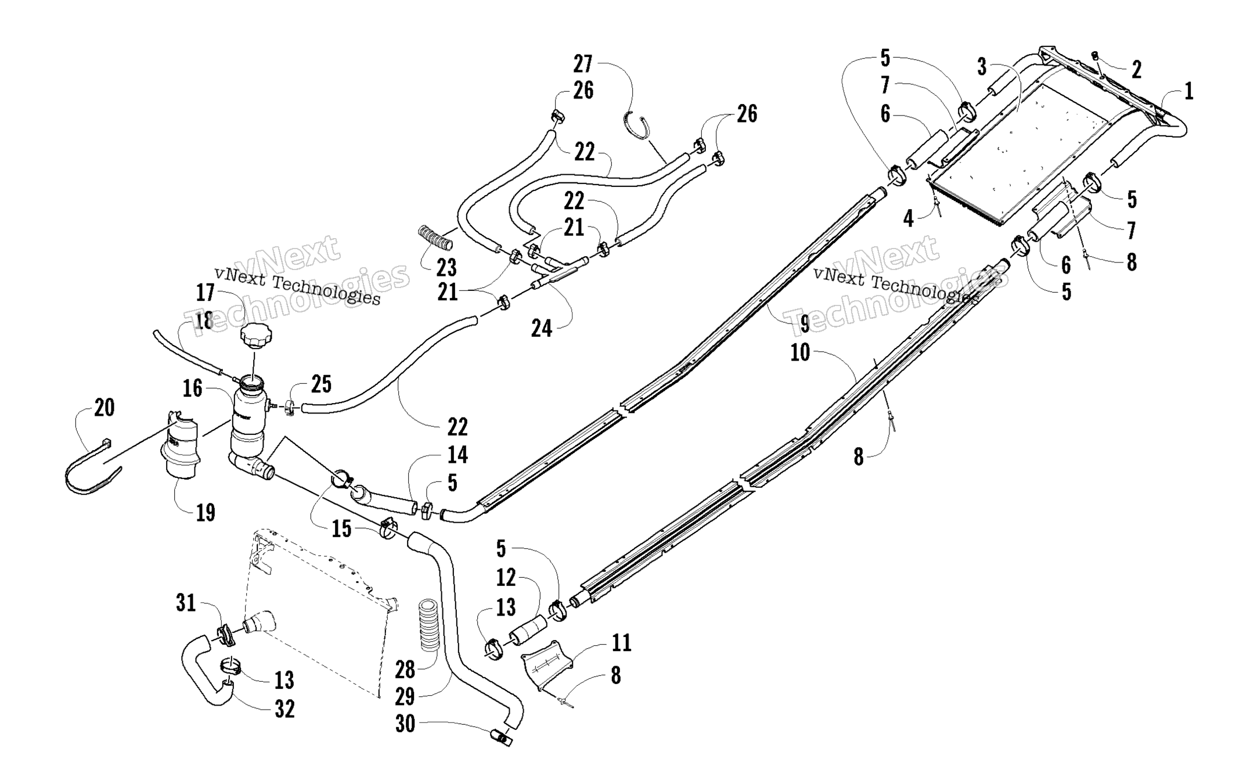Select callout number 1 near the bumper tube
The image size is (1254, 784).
[x=1188, y=92]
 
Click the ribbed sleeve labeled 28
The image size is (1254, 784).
[x=430, y=632]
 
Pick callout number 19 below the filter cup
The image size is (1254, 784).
[x=206, y=513]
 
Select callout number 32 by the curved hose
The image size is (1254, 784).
[x=284, y=709]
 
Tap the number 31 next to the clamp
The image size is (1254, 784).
[x=186, y=604]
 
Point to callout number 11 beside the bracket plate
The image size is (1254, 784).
[x=621, y=643]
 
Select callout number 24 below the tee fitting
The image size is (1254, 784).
[x=542, y=329]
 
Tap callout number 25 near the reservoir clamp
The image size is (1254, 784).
[x=321, y=384]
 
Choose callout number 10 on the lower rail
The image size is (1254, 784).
[x=800, y=353]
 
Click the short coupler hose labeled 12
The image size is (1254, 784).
[x=528, y=630]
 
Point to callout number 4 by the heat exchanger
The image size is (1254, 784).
[x=909, y=219]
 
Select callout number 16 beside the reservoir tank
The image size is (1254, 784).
[x=192, y=389]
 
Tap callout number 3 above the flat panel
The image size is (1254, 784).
[x=982, y=67]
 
